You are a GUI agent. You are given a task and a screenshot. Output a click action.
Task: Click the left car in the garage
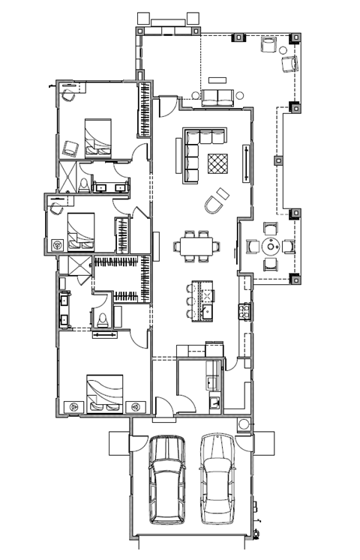click(166, 480)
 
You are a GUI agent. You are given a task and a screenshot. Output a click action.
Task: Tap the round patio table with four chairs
click(270, 245)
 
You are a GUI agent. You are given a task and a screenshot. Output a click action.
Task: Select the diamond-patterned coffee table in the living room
click(217, 163)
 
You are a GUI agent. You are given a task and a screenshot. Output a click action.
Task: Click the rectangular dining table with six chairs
click(196, 245)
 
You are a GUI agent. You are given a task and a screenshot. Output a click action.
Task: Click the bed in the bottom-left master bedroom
click(103, 393)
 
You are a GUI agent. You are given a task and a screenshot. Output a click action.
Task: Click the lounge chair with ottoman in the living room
click(217, 199)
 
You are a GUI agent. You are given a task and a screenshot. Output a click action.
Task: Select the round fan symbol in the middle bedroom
click(57, 244)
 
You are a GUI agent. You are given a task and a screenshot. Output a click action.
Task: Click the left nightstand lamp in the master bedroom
click(74, 406)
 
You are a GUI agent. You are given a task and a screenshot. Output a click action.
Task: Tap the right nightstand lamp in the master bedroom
click(135, 406)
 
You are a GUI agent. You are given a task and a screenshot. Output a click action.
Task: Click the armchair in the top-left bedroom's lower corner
click(70, 147)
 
